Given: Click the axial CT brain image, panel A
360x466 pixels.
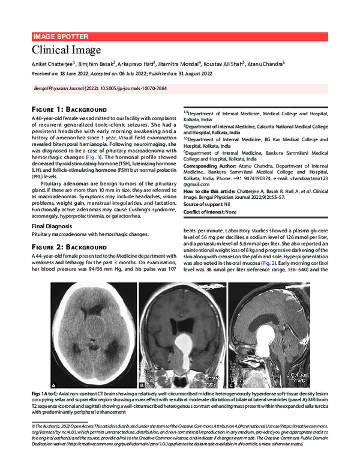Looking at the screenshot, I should [92, 336].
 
